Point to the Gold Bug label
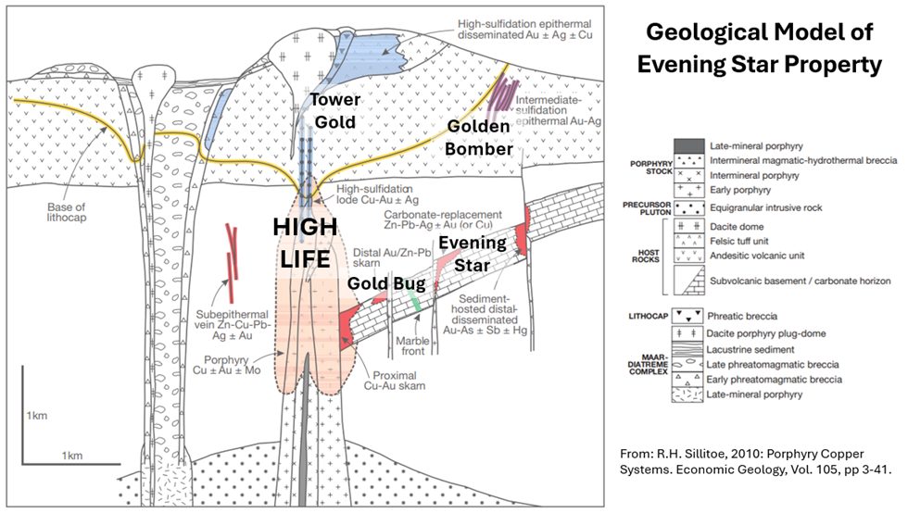coord(381,282)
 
